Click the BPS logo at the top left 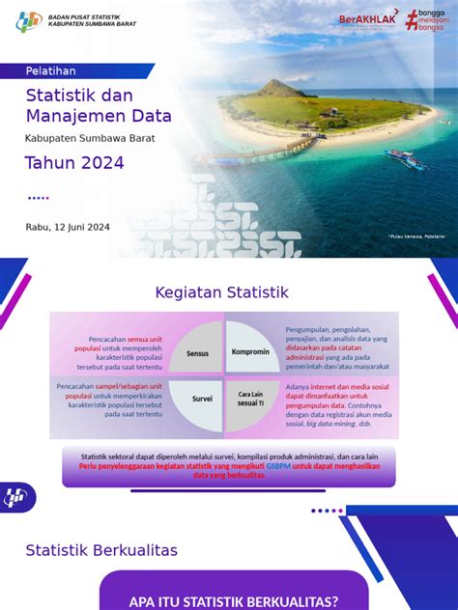click(x=30, y=21)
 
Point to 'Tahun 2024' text click(x=74, y=163)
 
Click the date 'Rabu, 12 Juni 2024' click(x=68, y=227)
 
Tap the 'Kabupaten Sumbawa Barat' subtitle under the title click(x=90, y=138)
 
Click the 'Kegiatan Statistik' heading click(x=221, y=291)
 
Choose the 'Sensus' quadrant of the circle click(x=198, y=353)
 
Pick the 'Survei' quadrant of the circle click(x=201, y=397)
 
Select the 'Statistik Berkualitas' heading click(x=101, y=550)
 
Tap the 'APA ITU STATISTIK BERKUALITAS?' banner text click(x=234, y=601)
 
